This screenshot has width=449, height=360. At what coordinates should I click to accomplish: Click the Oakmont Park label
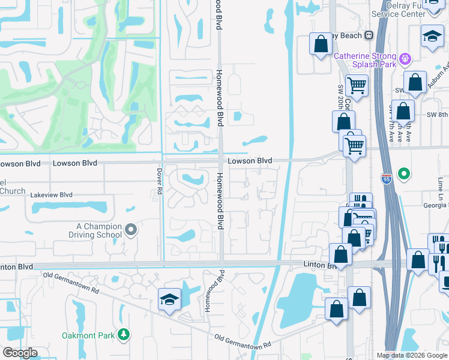pyautogui.click(x=89, y=334)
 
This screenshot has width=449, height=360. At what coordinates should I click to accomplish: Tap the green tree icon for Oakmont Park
pyautogui.click(x=124, y=334)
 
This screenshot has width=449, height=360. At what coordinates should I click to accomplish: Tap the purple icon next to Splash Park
pyautogui.click(x=406, y=59)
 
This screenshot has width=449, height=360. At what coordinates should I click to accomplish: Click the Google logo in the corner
pyautogui.click(x=19, y=353)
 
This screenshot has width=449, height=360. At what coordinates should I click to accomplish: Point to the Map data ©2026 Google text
pyautogui.click(x=411, y=355)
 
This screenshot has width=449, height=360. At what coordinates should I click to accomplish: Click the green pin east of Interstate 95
pyautogui.click(x=405, y=175)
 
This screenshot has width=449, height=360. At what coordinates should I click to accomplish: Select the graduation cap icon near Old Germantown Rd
pyautogui.click(x=169, y=299)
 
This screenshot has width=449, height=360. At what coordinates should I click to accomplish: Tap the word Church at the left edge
pyautogui.click(x=13, y=191)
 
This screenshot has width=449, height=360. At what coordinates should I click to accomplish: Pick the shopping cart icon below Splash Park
pyautogui.click(x=357, y=86)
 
